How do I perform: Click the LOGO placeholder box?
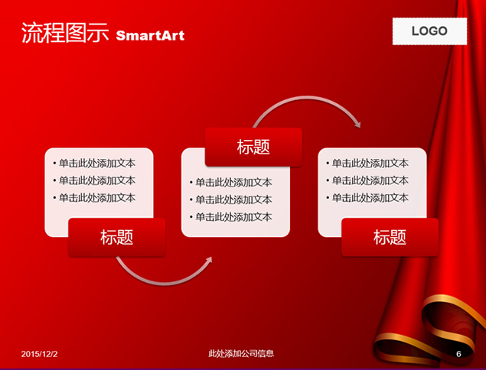point(429,31)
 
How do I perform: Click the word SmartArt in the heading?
point(150,36)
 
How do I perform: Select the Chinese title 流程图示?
point(65,33)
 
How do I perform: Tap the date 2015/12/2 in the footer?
point(39,354)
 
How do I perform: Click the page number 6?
point(458,354)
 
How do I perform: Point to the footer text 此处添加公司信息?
point(241,354)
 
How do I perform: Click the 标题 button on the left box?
point(117,238)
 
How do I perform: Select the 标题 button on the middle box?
point(253,147)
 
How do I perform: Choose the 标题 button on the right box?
point(390,238)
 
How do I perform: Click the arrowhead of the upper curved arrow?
point(357,125)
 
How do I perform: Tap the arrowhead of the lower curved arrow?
point(208,261)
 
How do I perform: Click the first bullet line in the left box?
point(94,163)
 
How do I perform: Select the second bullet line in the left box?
point(94,180)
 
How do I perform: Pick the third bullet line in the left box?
point(94,198)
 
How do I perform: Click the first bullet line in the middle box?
point(231,183)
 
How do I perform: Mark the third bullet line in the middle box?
point(231,217)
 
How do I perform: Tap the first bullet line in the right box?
point(367,163)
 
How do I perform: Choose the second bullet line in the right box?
point(367,180)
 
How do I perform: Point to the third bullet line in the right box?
point(367,198)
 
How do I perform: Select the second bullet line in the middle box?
point(231,200)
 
